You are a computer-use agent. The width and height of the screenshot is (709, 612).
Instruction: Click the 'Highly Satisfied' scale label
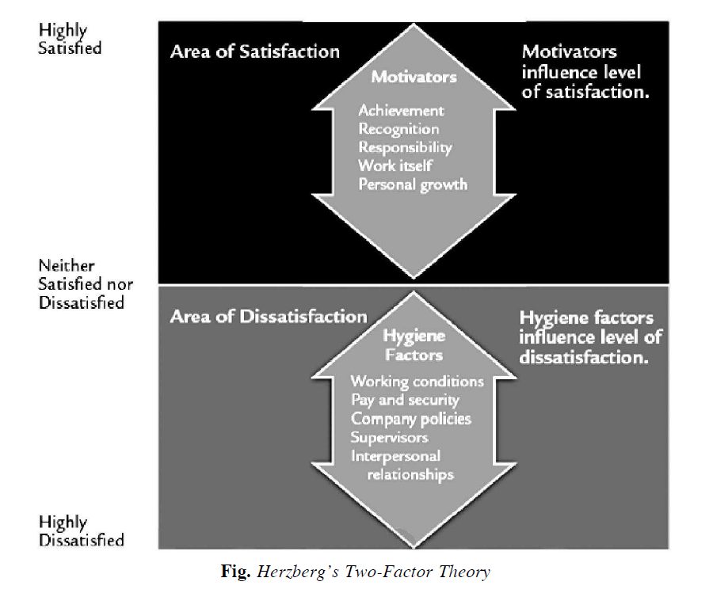tap(71, 39)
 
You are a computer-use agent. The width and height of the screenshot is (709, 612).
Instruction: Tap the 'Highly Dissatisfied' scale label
tap(82, 531)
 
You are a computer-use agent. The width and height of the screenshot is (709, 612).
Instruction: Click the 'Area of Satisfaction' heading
tap(254, 52)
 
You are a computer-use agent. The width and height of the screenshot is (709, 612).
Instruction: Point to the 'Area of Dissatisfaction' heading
tap(269, 317)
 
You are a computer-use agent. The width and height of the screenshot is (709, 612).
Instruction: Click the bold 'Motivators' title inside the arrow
tap(414, 77)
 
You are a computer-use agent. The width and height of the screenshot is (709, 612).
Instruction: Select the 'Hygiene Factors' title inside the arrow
tap(414, 345)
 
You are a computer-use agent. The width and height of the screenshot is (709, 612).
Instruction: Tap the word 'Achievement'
tap(401, 111)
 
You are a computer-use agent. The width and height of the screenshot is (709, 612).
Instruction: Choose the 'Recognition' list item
tap(398, 129)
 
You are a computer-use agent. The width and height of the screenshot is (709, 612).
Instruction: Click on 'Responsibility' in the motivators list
tap(405, 147)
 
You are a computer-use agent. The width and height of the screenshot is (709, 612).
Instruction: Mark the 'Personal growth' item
tap(413, 184)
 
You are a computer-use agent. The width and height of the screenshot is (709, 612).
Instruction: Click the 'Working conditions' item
tap(417, 382)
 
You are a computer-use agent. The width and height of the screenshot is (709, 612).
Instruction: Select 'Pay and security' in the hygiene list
tap(405, 401)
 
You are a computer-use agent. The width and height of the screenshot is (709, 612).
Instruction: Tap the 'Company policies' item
tap(410, 419)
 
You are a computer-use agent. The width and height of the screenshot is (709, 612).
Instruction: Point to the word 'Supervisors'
tap(390, 437)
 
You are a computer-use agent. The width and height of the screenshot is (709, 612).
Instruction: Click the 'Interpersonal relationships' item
tap(402, 465)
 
